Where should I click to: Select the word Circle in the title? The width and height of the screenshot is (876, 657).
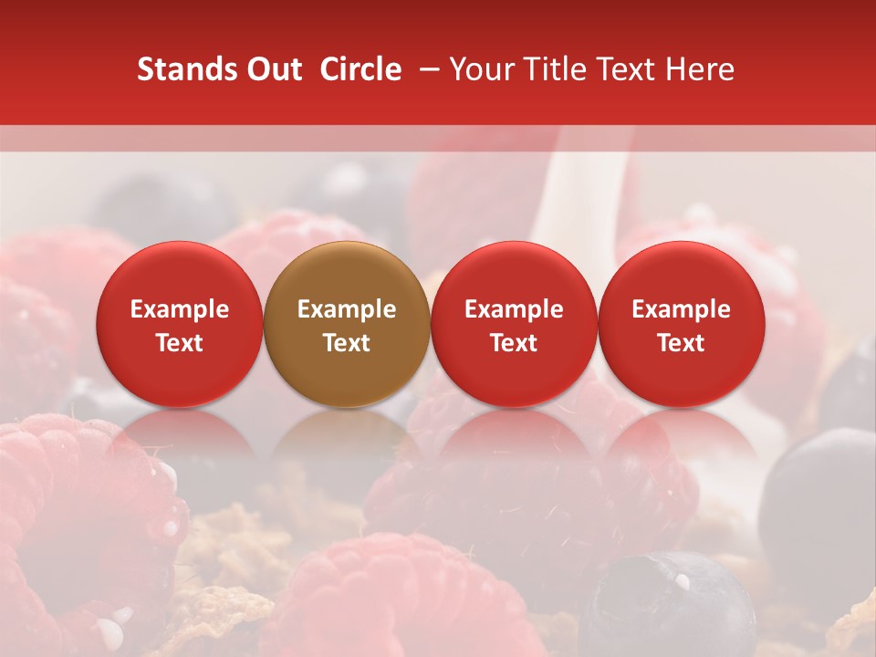[x=360, y=69]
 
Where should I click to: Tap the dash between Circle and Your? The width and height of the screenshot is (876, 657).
[x=425, y=69]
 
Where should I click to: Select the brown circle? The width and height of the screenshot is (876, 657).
[x=347, y=324]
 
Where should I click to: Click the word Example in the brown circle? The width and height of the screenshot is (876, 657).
[x=347, y=309]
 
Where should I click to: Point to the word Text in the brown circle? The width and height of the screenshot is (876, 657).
[x=347, y=343]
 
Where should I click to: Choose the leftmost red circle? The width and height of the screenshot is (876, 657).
[x=180, y=324]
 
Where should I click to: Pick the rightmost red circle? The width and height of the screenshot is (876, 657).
[x=682, y=324]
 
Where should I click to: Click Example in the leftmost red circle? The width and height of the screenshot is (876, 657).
[x=180, y=309]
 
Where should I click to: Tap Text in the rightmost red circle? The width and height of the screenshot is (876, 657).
[x=682, y=343]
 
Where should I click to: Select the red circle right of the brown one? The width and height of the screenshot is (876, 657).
[x=514, y=324]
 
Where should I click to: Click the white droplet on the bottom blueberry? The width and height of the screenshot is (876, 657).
[x=682, y=581]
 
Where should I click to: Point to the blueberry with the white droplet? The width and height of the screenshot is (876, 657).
[x=666, y=607]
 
